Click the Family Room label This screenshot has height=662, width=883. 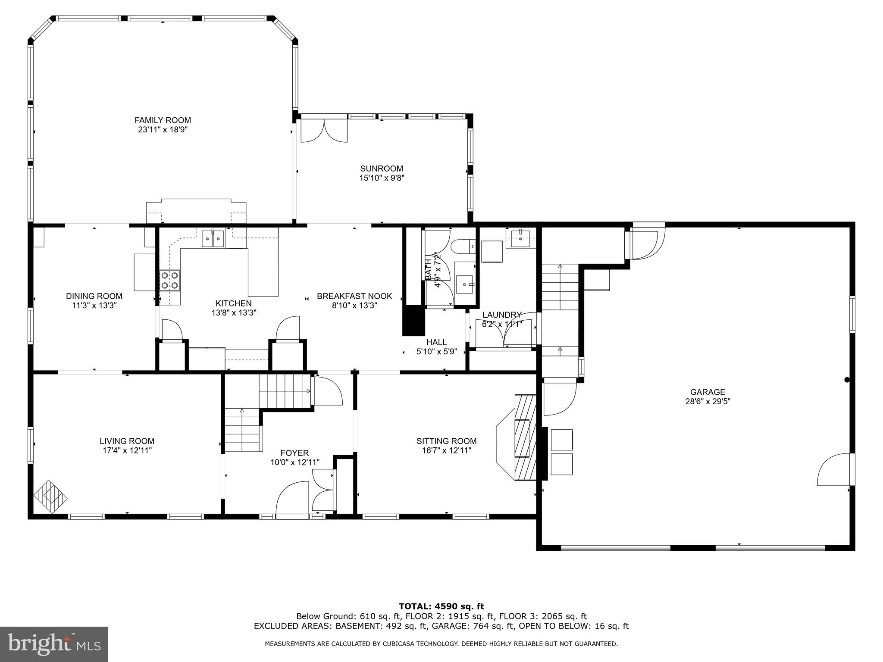click(163, 120)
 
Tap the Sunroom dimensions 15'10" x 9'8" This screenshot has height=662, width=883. click(382, 178)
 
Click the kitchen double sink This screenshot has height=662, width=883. click(213, 238)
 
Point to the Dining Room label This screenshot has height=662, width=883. click(94, 296)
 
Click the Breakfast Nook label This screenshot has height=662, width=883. click(354, 296)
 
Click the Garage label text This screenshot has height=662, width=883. click(708, 392)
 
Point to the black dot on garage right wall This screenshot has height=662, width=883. click(847, 380)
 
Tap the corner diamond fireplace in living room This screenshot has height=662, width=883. click(50, 497)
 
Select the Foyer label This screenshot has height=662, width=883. click(294, 453)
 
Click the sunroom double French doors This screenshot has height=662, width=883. click(323, 131)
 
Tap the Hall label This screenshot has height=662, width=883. click(436, 342)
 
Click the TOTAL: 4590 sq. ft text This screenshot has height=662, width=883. click(441, 607)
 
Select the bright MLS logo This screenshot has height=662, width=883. click(54, 644)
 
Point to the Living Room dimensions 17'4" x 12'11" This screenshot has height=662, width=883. click(127, 450)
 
